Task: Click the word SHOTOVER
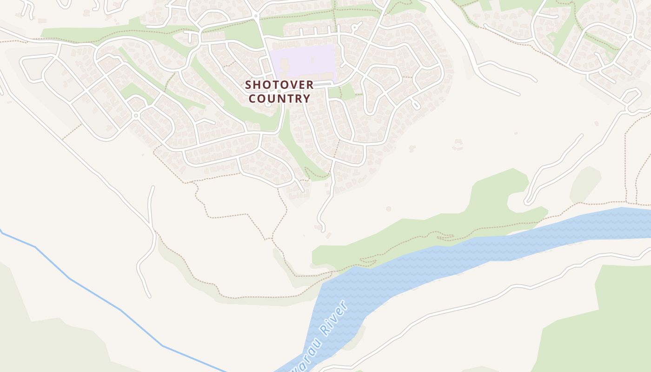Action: click(279, 85)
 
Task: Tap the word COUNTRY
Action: click(279, 99)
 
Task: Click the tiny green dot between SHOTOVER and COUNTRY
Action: click(279, 92)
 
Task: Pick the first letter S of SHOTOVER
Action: click(248, 85)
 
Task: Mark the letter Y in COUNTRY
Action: click(306, 99)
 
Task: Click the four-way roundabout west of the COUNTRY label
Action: click(136, 115)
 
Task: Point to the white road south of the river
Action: click(465, 307)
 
